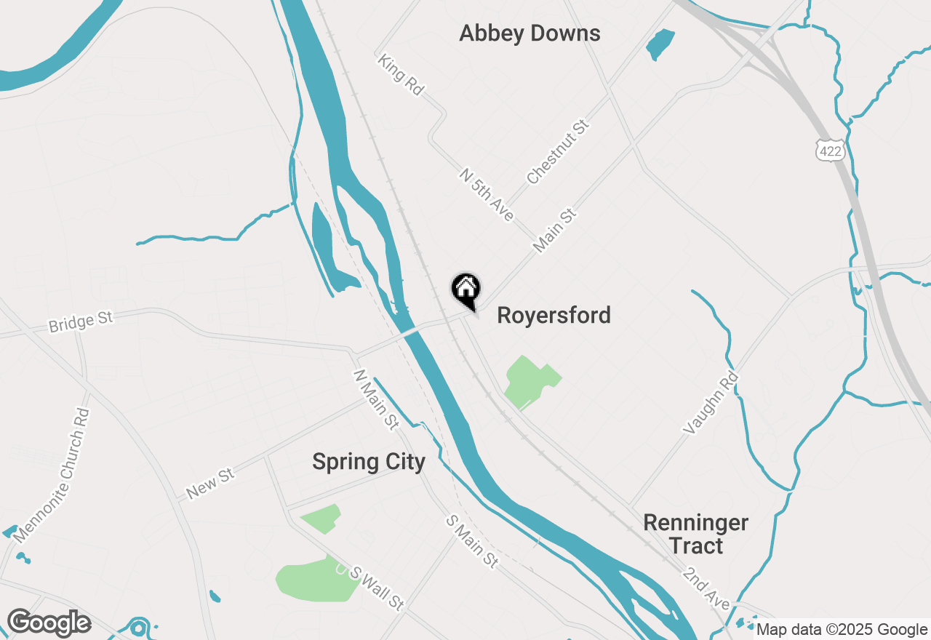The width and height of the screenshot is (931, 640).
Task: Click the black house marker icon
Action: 466,289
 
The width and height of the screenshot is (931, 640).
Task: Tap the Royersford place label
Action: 554,316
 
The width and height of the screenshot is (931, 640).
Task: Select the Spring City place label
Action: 369,462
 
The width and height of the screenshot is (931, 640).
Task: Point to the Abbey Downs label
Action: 530,33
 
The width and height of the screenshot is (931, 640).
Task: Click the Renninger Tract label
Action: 696,534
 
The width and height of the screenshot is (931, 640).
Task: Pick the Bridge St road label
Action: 81,321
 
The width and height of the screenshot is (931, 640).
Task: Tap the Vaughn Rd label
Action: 711,404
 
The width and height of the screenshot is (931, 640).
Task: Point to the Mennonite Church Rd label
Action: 52,476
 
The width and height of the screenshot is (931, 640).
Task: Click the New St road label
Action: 210,484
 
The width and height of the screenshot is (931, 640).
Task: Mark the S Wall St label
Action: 377,588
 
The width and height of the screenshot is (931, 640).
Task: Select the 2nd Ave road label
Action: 706,588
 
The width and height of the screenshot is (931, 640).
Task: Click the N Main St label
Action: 376,399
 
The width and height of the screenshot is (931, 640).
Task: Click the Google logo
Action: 49,623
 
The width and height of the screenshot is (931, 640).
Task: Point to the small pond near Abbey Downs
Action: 660,44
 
